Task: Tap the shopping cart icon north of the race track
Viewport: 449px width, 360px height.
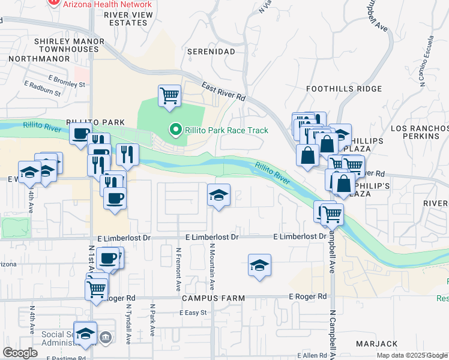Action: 169,95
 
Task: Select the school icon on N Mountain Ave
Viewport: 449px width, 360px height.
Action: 218,194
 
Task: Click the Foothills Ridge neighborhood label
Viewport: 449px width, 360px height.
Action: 343,89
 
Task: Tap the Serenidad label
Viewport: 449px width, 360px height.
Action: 211,52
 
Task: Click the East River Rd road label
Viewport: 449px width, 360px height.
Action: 223,91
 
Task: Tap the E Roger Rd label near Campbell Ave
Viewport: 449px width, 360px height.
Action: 307,296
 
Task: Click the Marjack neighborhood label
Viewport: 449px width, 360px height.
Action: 376,344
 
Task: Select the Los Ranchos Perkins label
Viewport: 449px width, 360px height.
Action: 418,133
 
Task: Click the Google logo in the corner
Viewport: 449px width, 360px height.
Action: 20,352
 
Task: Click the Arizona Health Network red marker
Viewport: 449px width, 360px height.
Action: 54,2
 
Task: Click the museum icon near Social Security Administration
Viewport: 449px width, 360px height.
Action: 106,338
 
